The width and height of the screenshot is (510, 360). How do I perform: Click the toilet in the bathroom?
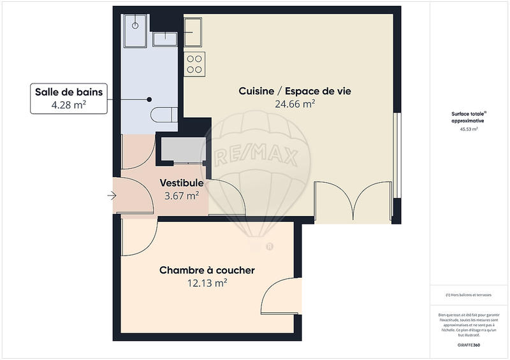[x=164, y=115]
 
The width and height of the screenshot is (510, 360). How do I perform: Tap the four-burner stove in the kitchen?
[x=194, y=63]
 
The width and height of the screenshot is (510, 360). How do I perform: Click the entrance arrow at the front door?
[x=112, y=196]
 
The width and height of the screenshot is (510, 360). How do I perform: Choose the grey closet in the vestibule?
[x=181, y=150]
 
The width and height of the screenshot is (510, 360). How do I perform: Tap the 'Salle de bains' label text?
[x=68, y=92]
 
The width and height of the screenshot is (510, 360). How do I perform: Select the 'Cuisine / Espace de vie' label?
[x=295, y=91]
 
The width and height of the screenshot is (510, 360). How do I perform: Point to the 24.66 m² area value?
[x=295, y=103]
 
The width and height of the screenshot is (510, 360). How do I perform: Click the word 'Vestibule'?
[x=182, y=184]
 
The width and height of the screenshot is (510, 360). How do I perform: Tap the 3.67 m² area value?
[x=182, y=196]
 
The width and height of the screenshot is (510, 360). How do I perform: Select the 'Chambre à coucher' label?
[x=207, y=270]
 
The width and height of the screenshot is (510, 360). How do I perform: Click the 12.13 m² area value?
[x=207, y=283]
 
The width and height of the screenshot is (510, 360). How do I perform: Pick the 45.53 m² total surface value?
[x=469, y=129]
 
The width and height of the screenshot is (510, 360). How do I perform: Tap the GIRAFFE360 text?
[x=469, y=344]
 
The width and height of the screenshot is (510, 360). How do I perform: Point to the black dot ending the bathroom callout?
[x=149, y=99]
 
